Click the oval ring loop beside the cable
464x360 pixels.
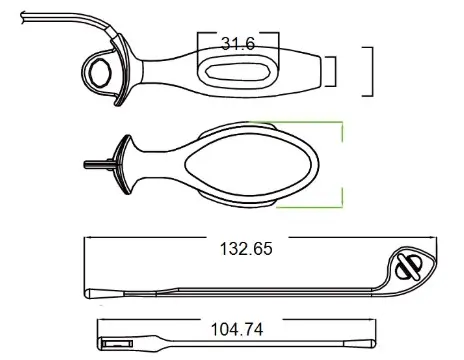tap(101, 70)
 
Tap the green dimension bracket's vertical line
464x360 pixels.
tap(343, 163)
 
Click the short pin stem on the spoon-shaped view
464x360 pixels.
tap(96, 161)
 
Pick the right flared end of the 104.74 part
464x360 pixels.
tap(362, 345)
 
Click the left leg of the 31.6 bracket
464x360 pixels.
tap(198, 47)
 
